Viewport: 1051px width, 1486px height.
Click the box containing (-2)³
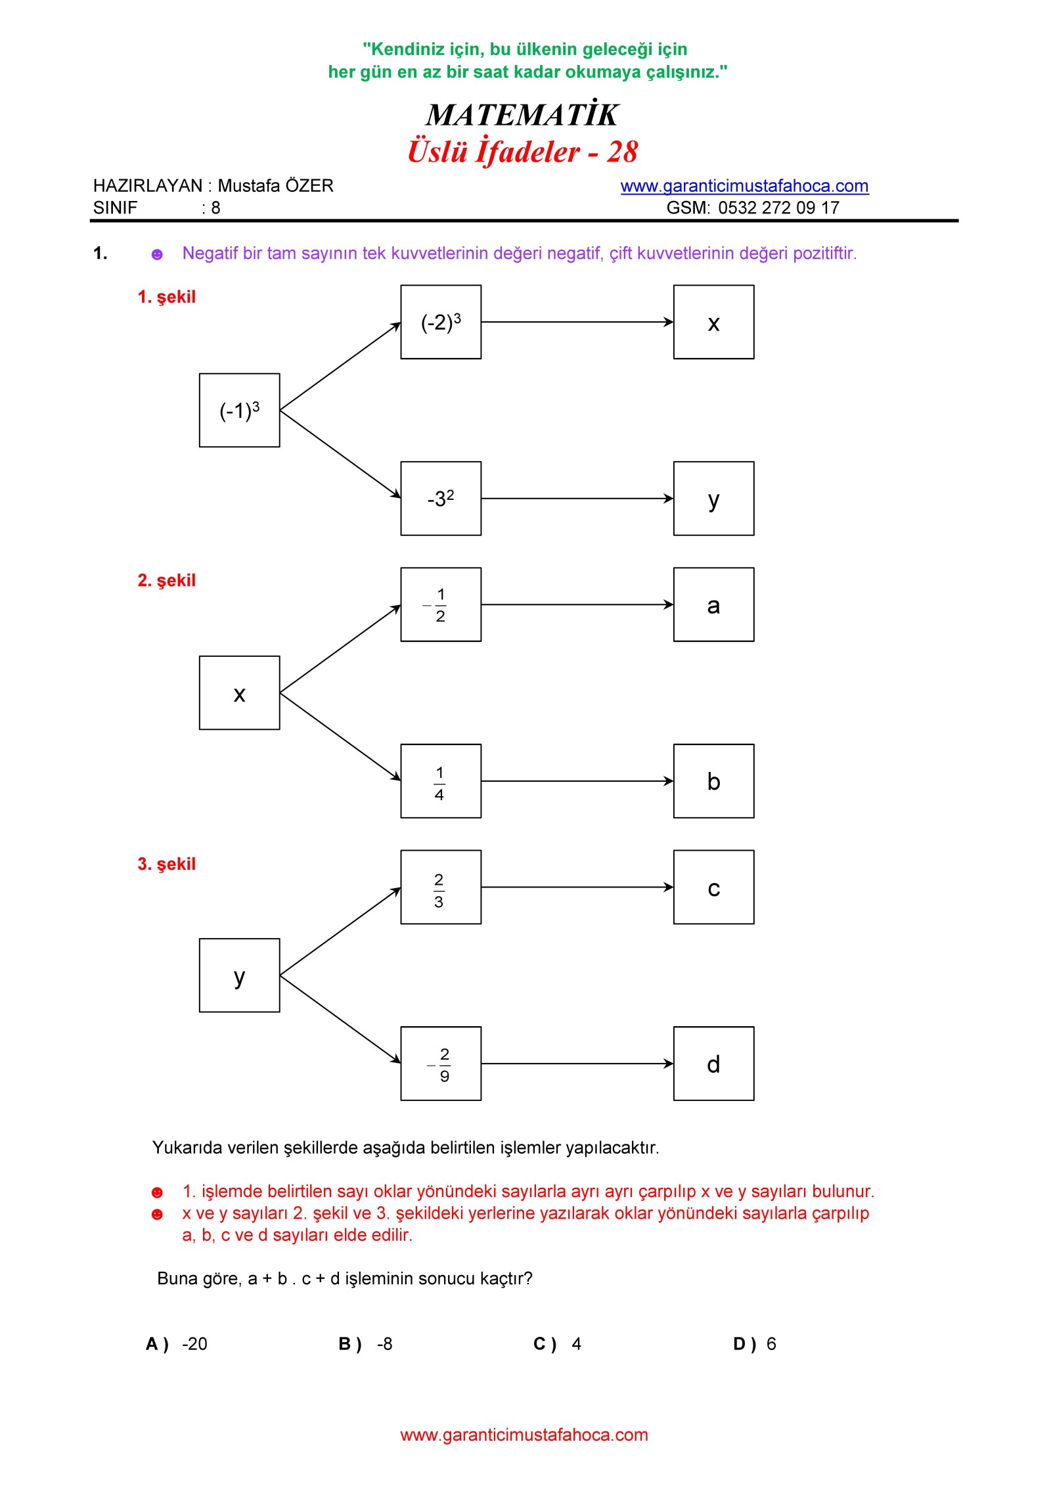click(x=441, y=322)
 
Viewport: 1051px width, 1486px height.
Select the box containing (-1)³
click(x=240, y=410)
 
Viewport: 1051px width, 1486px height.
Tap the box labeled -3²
click(x=441, y=499)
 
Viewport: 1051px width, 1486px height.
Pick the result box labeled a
click(x=714, y=604)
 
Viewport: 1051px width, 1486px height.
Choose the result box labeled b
click(x=714, y=781)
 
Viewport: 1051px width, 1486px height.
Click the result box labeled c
click(x=714, y=888)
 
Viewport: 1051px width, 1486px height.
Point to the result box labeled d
click(x=714, y=1064)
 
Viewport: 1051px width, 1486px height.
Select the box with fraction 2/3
click(x=441, y=888)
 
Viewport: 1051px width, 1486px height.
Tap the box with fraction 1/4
click(x=441, y=781)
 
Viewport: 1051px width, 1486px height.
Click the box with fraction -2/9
click(x=441, y=1064)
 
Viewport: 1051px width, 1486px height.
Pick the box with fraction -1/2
click(x=441, y=604)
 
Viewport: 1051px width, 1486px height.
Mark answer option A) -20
click(x=177, y=1344)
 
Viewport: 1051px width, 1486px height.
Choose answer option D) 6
click(x=755, y=1344)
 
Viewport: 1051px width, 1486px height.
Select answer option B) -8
click(x=366, y=1344)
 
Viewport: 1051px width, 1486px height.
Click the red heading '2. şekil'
click(x=167, y=581)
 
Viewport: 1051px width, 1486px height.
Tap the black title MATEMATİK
click(x=522, y=114)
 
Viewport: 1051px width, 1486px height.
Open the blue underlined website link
click(x=745, y=186)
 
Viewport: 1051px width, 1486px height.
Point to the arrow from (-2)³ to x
click(x=577, y=322)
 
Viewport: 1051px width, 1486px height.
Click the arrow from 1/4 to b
click(x=577, y=781)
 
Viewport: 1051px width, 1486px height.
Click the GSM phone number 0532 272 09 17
click(x=779, y=208)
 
